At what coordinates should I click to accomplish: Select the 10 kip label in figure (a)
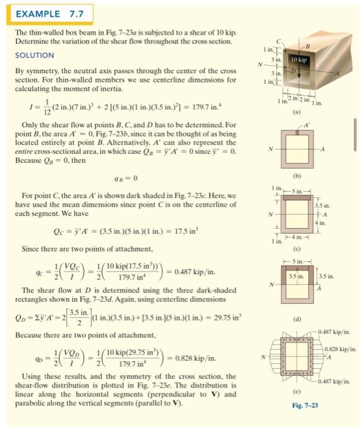pos(298,60)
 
